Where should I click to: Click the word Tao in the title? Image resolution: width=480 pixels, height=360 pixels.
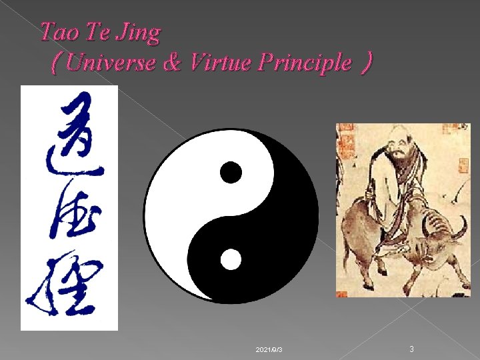pyautogui.click(x=57, y=32)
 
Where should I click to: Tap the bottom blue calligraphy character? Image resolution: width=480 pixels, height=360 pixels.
pyautogui.click(x=66, y=287)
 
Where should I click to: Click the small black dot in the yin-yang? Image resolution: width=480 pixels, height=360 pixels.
pyautogui.click(x=231, y=172)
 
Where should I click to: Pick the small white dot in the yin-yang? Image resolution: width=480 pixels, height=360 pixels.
pyautogui.click(x=231, y=259)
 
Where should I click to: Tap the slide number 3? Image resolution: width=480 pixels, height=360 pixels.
pyautogui.click(x=412, y=348)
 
